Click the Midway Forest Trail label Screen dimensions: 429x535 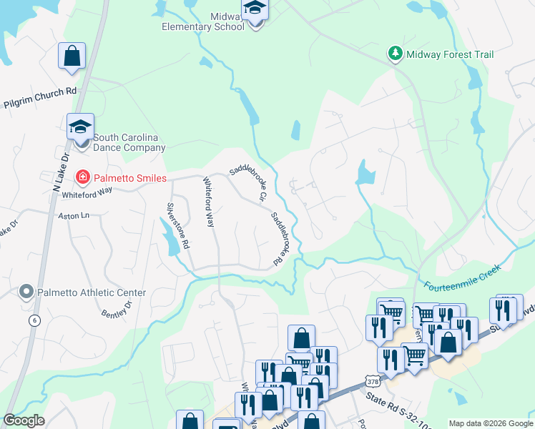(x=450, y=54)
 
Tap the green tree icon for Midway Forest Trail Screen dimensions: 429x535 (x=394, y=54)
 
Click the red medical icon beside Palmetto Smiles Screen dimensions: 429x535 (x=83, y=177)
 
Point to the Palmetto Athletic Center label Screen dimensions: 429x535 (x=92, y=292)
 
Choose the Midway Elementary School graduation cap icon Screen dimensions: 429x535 (x=255, y=10)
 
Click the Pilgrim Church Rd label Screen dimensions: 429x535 (x=39, y=97)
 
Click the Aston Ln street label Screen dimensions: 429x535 (x=75, y=215)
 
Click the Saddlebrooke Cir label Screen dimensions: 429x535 (x=247, y=183)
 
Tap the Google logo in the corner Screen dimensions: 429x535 (x=24, y=420)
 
